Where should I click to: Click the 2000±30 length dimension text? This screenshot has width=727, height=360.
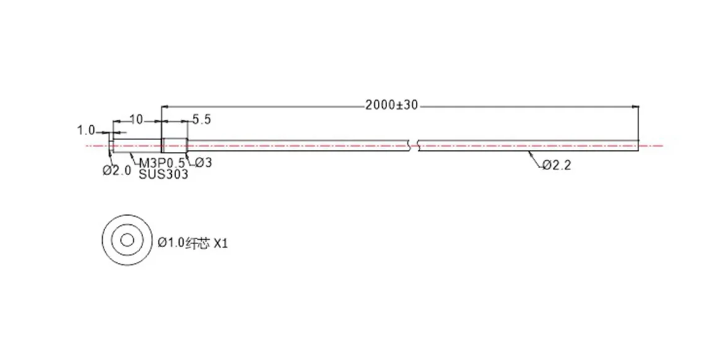[392, 105]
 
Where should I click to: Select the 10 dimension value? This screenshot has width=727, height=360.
[136, 120]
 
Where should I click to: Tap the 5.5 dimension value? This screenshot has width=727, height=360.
[201, 120]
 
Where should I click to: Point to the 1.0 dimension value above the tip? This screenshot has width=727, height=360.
[86, 130]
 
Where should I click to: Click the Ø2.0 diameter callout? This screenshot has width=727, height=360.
[117, 170]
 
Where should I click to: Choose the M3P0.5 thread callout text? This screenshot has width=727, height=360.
[162, 163]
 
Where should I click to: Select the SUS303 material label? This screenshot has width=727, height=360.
[164, 174]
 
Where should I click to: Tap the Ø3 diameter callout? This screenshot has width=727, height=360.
[203, 163]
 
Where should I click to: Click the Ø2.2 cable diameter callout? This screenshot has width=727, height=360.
[556, 165]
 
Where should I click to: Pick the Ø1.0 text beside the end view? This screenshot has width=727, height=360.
[171, 243]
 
